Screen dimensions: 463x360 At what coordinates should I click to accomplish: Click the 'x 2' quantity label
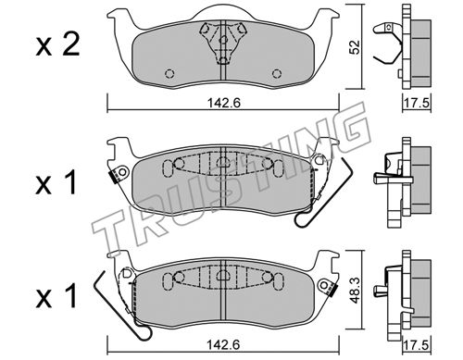57,46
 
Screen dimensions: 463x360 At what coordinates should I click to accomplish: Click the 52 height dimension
355,47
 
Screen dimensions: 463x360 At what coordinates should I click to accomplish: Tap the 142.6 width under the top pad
223,103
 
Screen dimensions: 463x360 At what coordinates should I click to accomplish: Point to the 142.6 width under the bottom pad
223,344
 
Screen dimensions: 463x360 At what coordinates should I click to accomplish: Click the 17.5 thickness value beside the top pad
417,103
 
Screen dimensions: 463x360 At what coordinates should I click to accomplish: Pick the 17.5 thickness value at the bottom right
417,345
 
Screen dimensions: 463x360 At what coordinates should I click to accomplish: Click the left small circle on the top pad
169,74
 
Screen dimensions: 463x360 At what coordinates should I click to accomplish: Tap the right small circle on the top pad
277,74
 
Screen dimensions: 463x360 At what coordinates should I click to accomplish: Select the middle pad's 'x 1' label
56,182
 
